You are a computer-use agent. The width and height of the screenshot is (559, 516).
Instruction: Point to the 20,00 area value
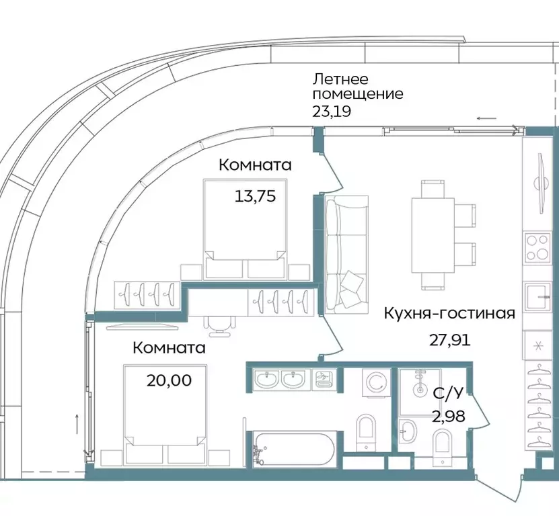point(169,380)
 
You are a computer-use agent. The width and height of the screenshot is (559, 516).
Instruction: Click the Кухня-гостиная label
point(449,313)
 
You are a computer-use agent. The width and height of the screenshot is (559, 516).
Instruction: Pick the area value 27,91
point(450,339)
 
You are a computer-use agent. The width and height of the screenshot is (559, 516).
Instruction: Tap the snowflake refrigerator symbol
point(538,347)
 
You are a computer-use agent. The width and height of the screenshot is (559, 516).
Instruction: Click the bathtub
point(294,449)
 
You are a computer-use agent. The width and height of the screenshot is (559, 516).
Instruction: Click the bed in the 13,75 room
point(243,228)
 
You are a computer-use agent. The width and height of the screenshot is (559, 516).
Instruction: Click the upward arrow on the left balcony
point(78,423)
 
